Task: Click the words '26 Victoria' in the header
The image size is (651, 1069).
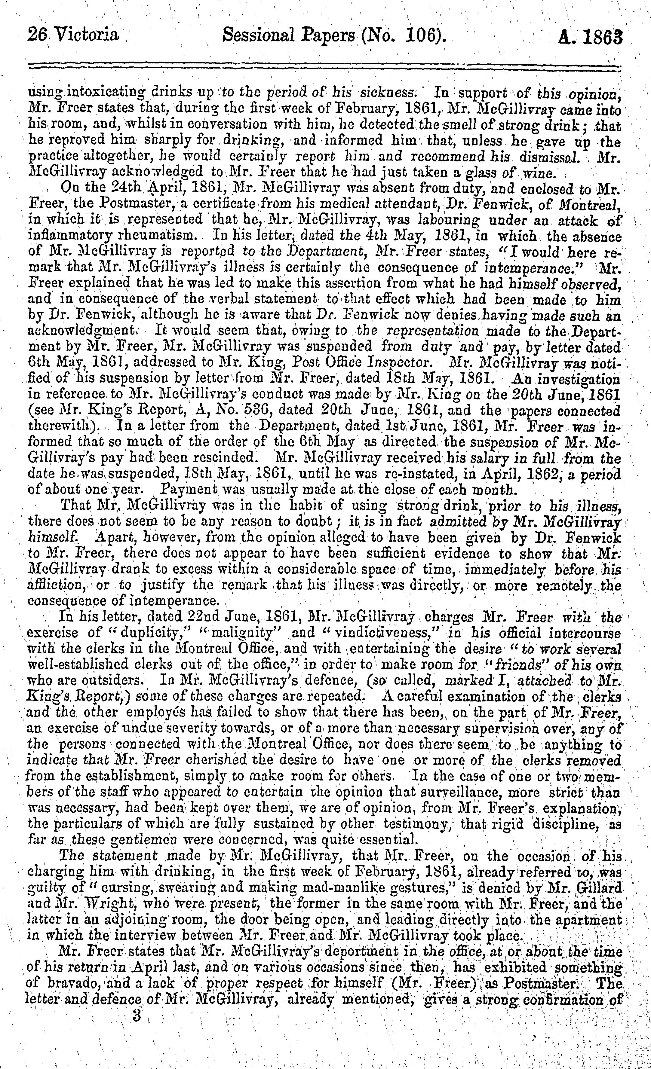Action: pos(72,34)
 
